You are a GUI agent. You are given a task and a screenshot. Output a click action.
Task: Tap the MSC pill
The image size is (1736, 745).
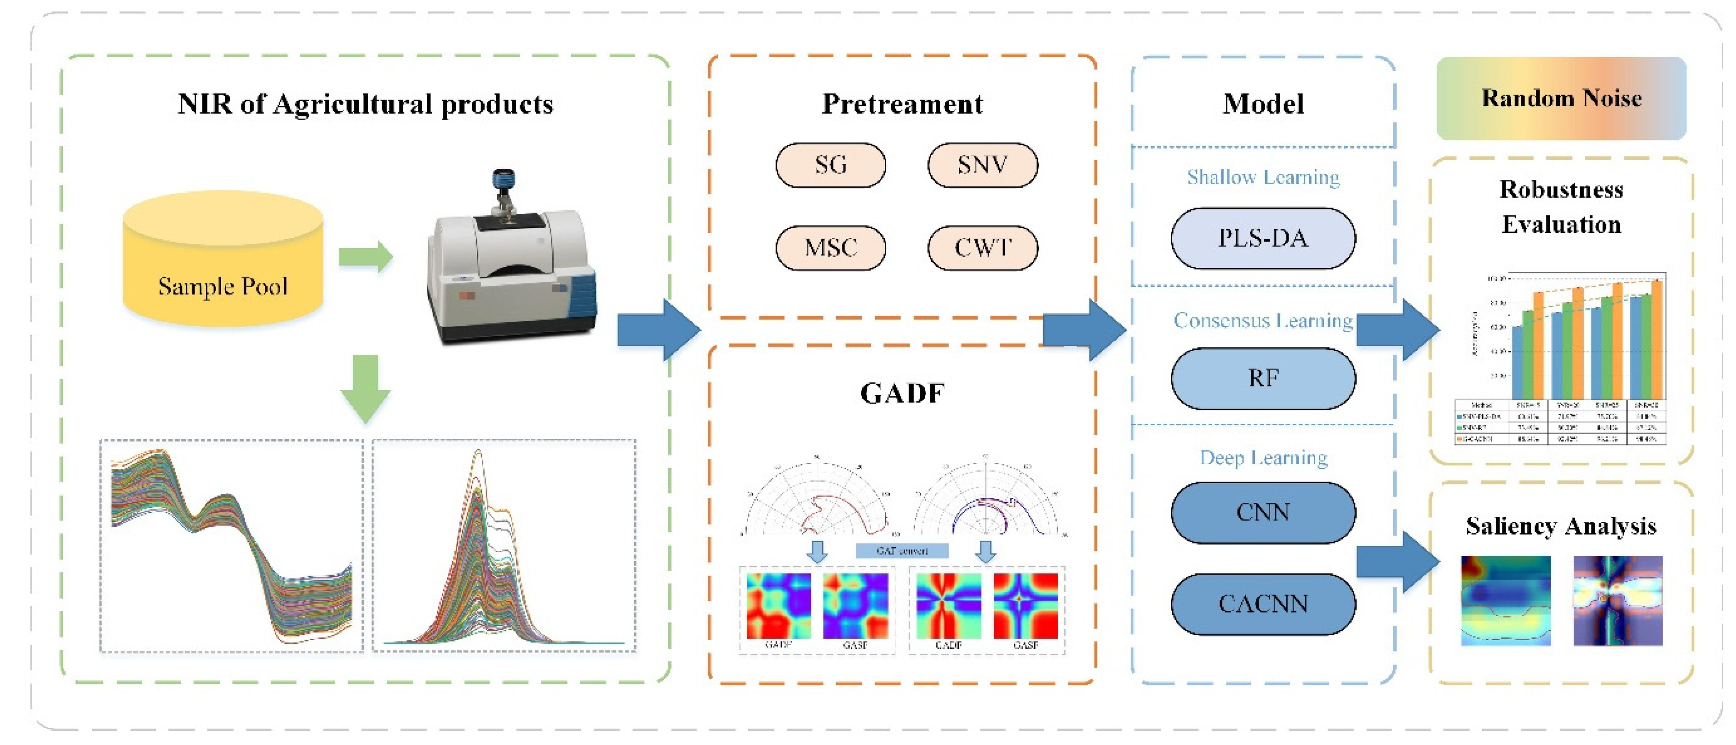pyautogui.click(x=830, y=248)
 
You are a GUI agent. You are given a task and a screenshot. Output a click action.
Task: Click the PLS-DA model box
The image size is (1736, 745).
pyautogui.click(x=1262, y=238)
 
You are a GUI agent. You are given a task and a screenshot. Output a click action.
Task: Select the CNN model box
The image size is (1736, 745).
pyautogui.click(x=1262, y=513)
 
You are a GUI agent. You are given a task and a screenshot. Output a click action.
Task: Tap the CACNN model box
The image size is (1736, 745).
pyautogui.click(x=1262, y=603)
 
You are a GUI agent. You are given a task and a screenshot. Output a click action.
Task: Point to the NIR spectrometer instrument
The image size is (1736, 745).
pyautogui.click(x=512, y=270)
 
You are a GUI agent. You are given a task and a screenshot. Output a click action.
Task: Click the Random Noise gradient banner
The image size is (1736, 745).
pyautogui.click(x=1561, y=98)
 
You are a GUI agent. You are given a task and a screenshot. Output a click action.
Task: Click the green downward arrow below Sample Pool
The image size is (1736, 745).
pyautogui.click(x=365, y=387)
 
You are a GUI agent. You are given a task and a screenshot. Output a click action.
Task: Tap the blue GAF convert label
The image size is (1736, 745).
pyautogui.click(x=902, y=551)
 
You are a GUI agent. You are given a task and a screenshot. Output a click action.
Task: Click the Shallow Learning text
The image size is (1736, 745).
pyautogui.click(x=1262, y=177)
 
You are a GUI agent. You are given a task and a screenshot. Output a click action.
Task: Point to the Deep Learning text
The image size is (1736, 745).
pyautogui.click(x=1262, y=458)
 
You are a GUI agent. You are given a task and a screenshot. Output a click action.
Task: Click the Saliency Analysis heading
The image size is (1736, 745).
pyautogui.click(x=1561, y=526)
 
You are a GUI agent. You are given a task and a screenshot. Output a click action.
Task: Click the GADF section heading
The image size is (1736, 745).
pyautogui.click(x=902, y=393)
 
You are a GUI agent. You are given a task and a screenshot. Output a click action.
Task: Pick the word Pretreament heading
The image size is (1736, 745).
pyautogui.click(x=902, y=104)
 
